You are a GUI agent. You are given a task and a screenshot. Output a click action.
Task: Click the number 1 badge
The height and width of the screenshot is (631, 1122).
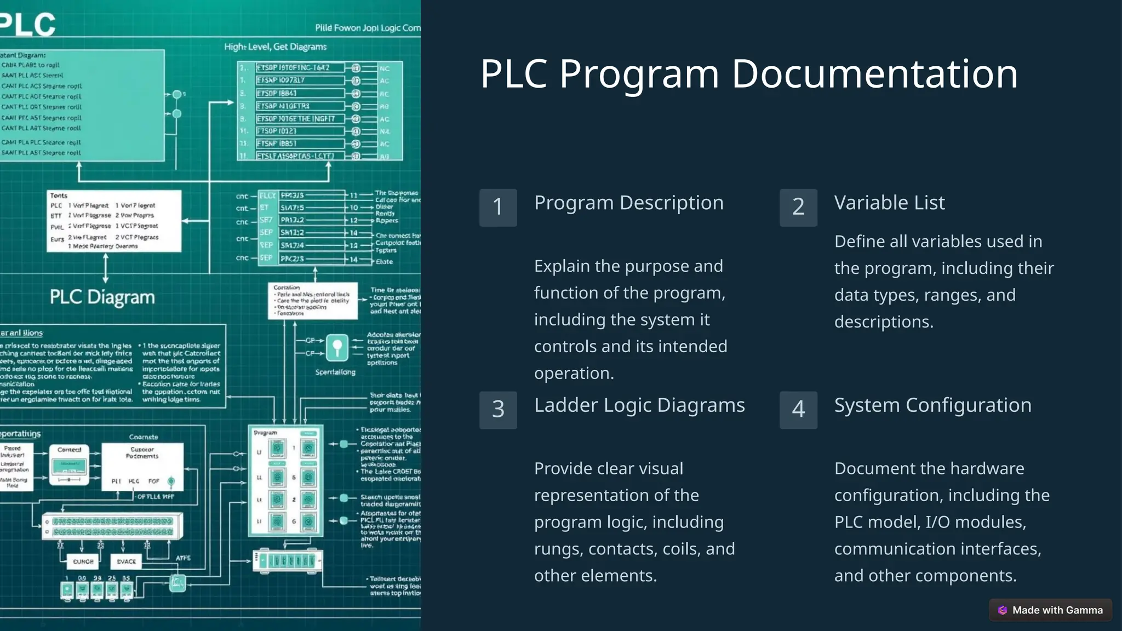tap(498, 208)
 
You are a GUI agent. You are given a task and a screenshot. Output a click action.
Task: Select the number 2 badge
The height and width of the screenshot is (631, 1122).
tap(798, 208)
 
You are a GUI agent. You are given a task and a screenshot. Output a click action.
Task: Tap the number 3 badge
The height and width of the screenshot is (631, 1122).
tap(498, 410)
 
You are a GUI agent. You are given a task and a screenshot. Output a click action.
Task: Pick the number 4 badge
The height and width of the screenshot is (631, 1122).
tap(798, 410)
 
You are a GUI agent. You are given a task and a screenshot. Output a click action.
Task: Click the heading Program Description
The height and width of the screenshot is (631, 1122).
tap(628, 203)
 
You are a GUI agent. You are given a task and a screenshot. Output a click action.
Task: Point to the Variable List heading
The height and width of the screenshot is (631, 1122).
tap(889, 203)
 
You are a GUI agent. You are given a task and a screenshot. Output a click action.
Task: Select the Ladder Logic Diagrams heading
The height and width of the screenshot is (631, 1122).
tap(639, 405)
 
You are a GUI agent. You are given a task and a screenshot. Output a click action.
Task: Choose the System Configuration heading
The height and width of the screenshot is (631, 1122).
tap(932, 405)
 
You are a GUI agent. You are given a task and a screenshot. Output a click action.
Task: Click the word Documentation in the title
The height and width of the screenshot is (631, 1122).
tap(874, 74)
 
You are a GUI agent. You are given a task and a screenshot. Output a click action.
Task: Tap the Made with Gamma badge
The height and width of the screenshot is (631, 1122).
tap(1050, 610)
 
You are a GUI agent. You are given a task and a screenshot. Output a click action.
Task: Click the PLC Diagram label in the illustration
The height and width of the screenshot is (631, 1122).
tap(102, 297)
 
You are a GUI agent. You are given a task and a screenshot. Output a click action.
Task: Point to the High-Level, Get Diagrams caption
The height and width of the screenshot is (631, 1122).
tap(275, 47)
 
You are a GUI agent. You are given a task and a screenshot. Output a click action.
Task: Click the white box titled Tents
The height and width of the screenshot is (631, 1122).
tap(114, 221)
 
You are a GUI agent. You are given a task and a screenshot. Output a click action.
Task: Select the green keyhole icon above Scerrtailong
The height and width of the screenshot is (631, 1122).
tap(337, 347)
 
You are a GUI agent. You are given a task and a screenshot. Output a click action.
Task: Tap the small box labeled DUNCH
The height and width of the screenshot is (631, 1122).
tap(83, 561)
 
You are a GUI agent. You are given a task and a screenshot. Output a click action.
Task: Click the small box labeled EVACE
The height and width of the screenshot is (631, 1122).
tap(126, 561)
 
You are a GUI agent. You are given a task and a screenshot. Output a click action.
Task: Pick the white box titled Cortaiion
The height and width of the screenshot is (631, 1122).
tap(313, 301)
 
